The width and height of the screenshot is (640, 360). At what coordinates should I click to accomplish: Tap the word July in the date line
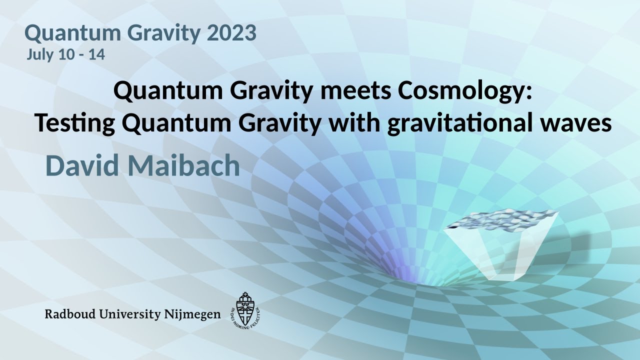[39, 54]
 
